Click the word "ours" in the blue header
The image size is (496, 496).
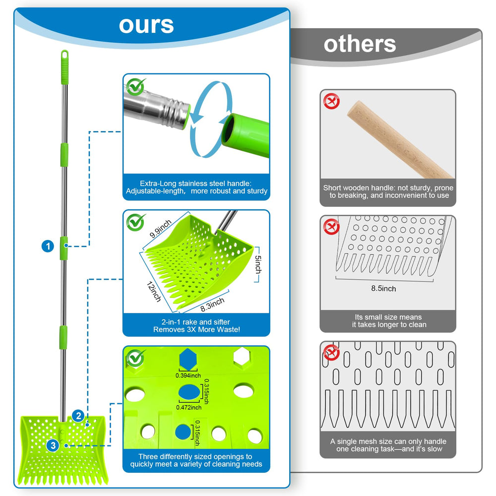point(146,25)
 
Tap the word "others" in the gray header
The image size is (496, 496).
point(360,44)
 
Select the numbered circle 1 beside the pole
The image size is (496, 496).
point(48,246)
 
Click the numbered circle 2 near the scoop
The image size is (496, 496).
point(78,416)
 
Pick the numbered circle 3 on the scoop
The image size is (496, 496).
point(53,446)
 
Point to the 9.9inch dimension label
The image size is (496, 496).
point(160,228)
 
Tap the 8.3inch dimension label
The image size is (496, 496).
point(212,305)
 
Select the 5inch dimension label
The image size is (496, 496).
point(258,264)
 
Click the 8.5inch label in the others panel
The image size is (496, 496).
point(383,289)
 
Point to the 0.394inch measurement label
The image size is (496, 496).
point(188,375)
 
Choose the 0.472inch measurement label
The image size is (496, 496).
point(189,407)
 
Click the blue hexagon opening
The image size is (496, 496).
point(188,359)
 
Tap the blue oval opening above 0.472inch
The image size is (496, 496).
point(189,392)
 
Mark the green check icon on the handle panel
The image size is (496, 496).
point(136,87)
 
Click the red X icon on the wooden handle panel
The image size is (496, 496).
point(331,101)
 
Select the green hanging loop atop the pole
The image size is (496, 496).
point(64,55)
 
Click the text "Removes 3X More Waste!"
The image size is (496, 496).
point(196,330)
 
